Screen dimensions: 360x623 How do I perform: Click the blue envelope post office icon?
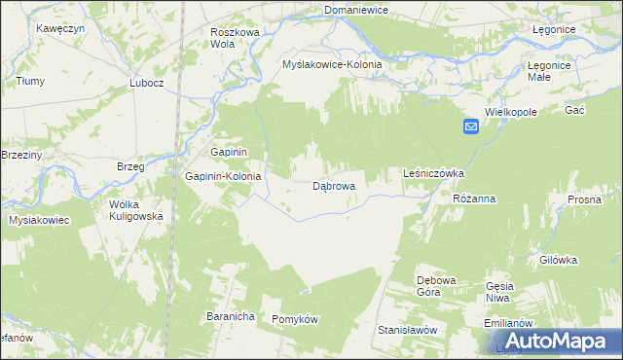[470, 126]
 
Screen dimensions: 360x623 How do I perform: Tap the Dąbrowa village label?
[333, 185]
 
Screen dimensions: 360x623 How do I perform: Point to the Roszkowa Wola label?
[235, 38]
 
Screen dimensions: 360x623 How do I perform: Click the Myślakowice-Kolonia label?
[332, 64]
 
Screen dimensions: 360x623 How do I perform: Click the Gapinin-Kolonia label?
[223, 177]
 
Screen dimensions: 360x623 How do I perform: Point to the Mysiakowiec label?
[39, 221]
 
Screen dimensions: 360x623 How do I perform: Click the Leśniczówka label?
[433, 173]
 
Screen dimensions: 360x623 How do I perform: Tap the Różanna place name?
[475, 198]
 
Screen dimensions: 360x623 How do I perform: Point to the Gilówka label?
[559, 260]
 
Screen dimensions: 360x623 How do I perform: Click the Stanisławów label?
[407, 330]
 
